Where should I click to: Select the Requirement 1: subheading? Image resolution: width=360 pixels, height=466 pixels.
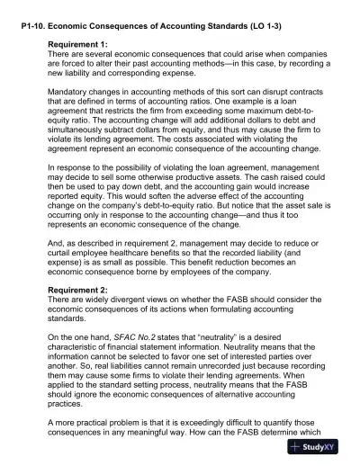[x=84, y=43]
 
